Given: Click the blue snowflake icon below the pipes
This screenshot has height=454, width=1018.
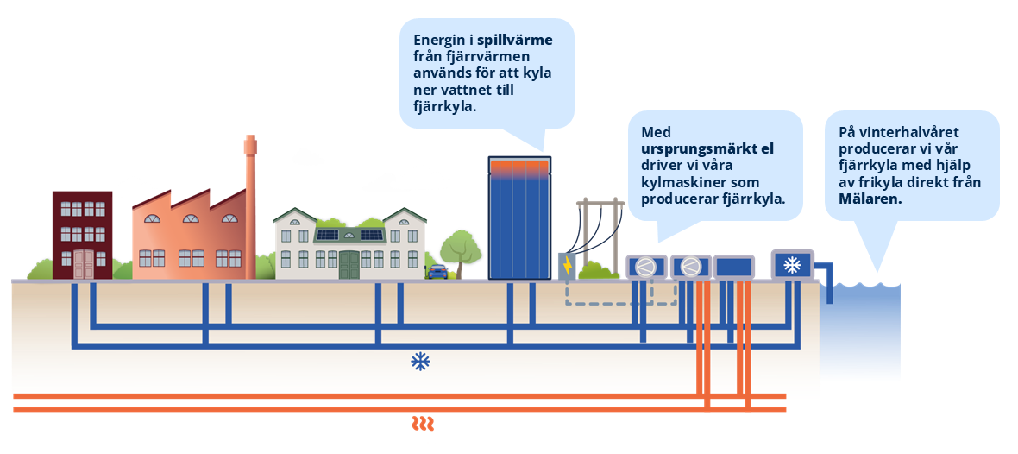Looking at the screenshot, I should pos(420,362).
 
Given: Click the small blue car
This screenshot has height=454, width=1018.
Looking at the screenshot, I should pos(438,272).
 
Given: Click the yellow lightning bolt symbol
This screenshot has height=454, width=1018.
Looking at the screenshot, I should pos(567,267).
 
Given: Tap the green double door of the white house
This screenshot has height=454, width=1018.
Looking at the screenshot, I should pos(349,264).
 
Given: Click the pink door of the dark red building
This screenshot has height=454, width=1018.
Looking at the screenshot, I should pos(83,263).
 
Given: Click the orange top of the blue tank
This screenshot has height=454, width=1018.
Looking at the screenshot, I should pos(519,164).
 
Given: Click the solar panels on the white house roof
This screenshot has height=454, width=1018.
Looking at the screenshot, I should pos(349,234).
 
